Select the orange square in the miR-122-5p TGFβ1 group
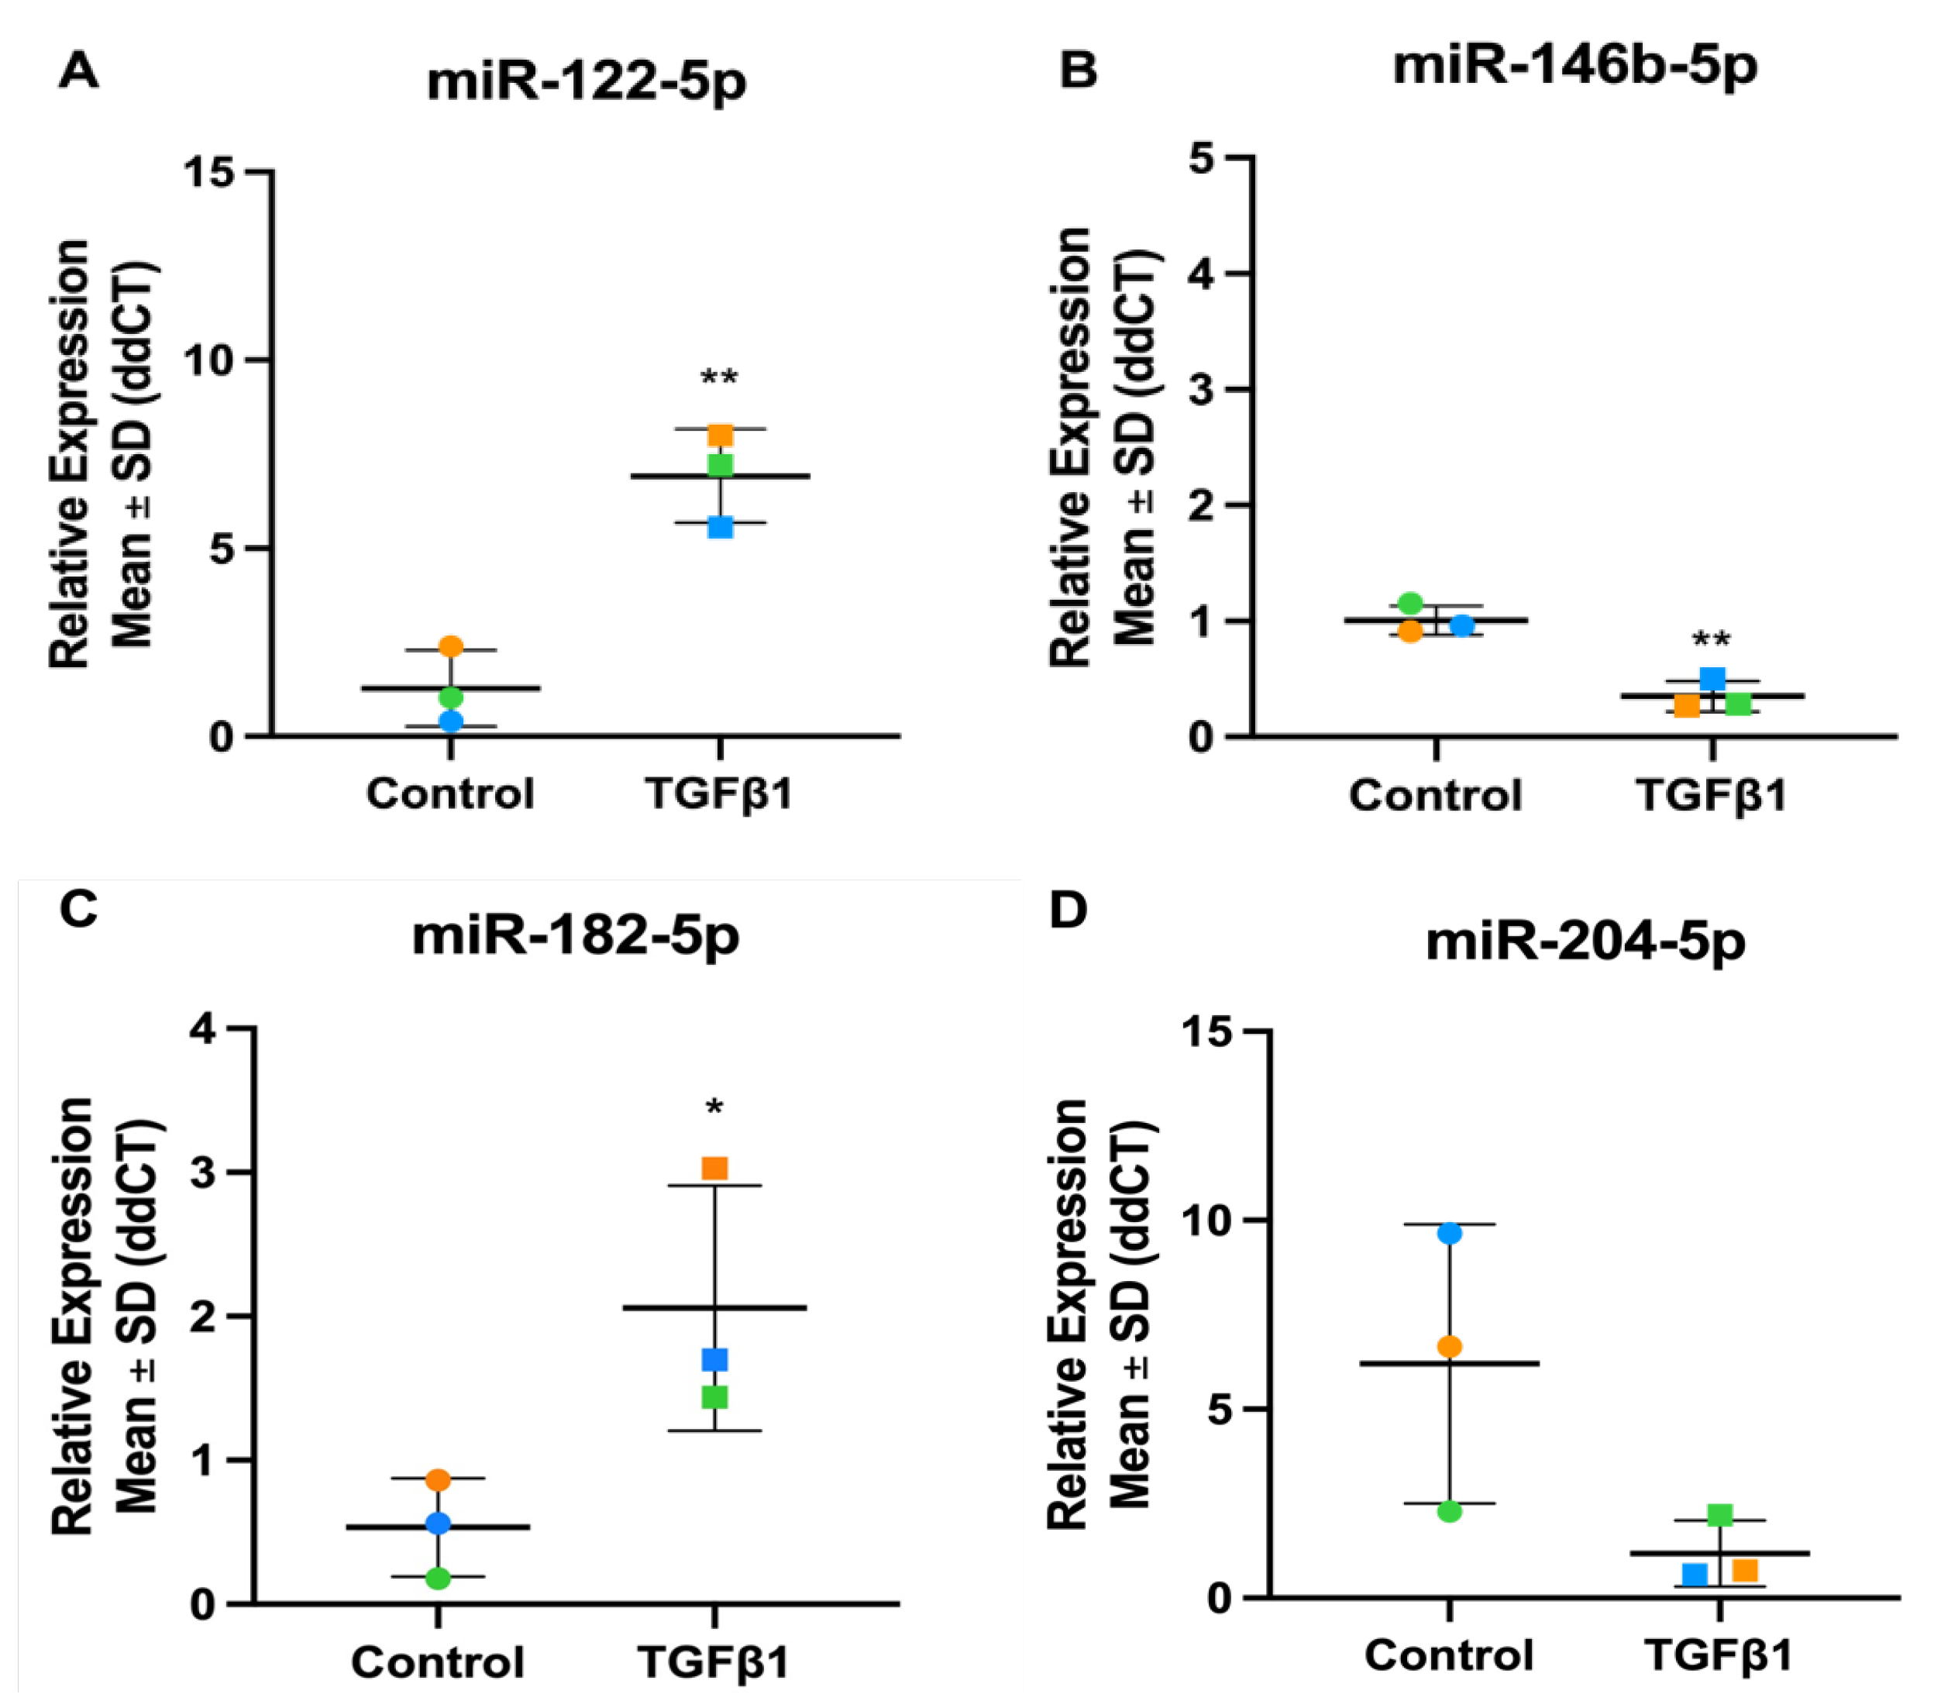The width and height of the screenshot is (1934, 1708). (x=721, y=436)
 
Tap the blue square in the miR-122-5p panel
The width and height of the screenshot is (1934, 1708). (x=721, y=527)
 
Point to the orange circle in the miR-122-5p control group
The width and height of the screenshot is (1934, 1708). (x=451, y=647)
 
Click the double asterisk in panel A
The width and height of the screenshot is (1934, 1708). (x=719, y=378)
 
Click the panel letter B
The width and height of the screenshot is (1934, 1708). (x=1078, y=70)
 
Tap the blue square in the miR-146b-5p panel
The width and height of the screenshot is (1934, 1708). (x=1712, y=678)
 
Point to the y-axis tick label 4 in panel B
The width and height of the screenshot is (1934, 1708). (x=1202, y=274)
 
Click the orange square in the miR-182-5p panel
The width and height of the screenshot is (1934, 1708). (x=714, y=1168)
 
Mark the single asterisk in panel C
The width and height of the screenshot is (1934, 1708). (x=714, y=1107)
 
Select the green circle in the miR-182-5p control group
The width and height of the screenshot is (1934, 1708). (x=438, y=1577)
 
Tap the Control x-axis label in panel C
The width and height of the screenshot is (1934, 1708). (x=437, y=1662)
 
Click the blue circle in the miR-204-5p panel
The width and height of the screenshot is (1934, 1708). (x=1450, y=1233)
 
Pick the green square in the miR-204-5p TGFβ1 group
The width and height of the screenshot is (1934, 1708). (x=1719, y=1515)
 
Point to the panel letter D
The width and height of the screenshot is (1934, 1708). (x=1069, y=911)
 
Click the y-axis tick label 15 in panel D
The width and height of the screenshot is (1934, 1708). (x=1207, y=1031)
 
